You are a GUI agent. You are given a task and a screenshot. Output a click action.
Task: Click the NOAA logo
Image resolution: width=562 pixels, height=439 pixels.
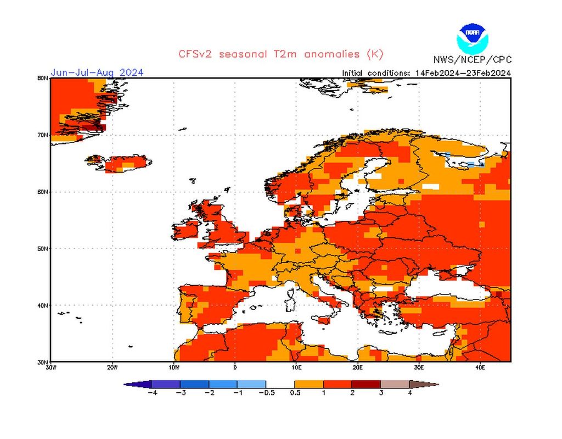[x=471, y=37]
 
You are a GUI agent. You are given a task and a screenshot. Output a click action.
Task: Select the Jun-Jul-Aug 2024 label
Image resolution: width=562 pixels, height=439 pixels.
[x=97, y=73]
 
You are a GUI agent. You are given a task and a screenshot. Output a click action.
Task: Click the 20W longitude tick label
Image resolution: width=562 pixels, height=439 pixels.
[x=112, y=367]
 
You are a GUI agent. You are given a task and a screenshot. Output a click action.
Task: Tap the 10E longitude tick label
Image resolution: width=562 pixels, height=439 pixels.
[x=296, y=367]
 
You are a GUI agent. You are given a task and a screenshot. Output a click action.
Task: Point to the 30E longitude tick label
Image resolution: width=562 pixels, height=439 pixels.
[x=419, y=367]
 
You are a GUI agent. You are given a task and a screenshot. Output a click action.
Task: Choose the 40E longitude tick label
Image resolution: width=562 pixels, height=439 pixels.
[x=480, y=367]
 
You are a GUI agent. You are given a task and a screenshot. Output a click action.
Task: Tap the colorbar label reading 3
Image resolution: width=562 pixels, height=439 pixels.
[x=380, y=393]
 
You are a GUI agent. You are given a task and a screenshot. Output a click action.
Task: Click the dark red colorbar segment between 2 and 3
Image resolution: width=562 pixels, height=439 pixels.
[x=366, y=384]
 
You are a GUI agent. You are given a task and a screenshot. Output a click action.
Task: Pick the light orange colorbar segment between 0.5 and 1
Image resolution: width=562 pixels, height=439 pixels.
[x=309, y=384]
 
